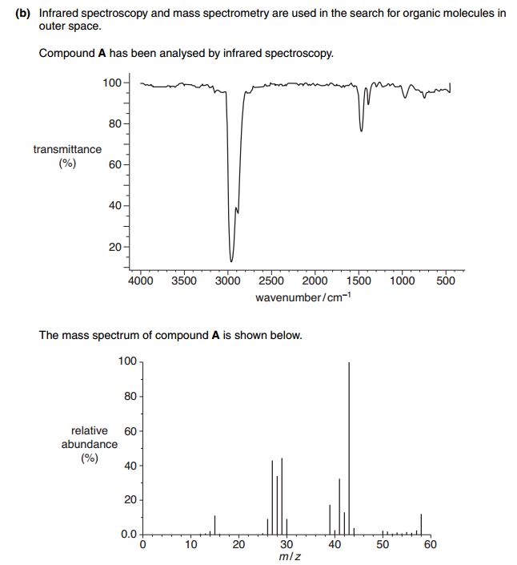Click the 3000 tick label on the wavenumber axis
coord(228,281)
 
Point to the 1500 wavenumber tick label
coord(359,281)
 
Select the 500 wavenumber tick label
coord(446,281)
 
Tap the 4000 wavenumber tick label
coord(141,281)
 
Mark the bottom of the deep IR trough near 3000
coord(231,260)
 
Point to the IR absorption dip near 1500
coord(361,130)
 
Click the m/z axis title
coord(291,556)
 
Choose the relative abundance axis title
coord(90,444)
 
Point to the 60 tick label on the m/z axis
coord(430,545)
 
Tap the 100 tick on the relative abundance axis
coord(126,362)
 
